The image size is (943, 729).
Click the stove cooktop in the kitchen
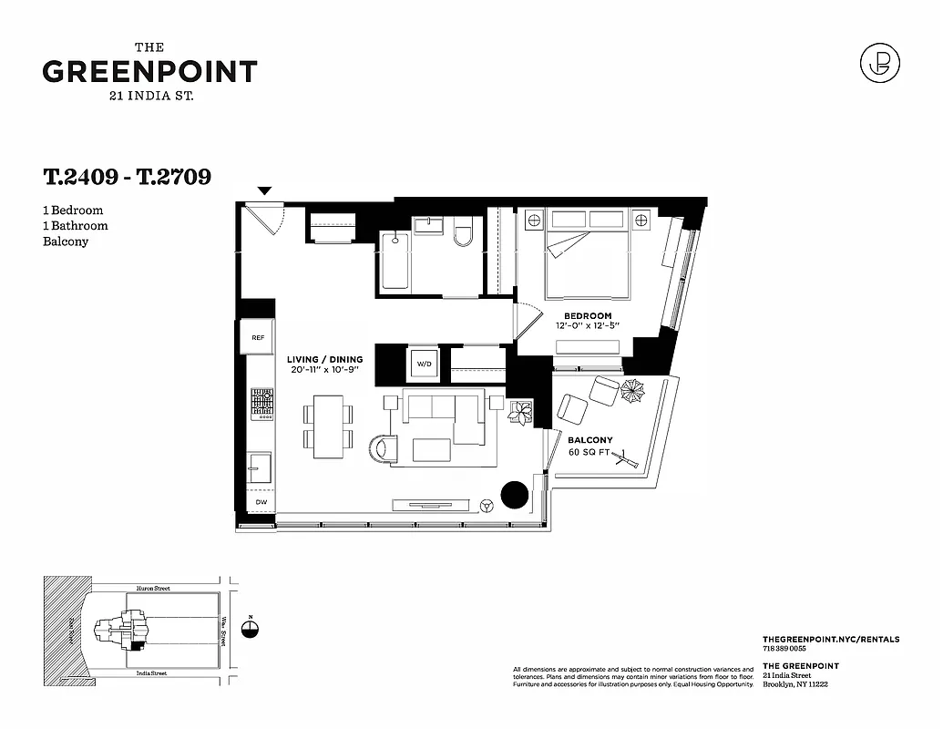pos(262,404)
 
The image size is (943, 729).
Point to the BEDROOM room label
pos(588,316)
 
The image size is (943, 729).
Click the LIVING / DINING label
pos(324,360)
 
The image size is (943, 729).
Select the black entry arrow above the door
pos(264,191)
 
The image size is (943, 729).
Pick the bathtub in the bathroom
pos(394,262)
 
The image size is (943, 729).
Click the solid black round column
pos(514,494)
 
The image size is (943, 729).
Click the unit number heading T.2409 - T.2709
pos(127,177)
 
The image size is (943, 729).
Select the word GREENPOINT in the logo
pos(149,72)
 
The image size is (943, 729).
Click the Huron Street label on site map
pos(149,589)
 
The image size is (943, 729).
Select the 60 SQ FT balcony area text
pos(589,452)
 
